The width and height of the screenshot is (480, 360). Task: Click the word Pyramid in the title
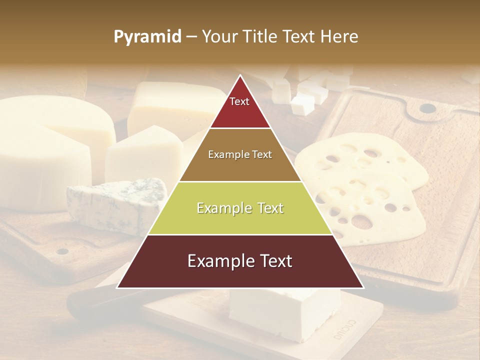click(x=147, y=37)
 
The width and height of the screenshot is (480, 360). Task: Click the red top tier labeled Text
click(x=239, y=107)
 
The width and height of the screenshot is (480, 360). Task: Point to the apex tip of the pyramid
click(x=240, y=76)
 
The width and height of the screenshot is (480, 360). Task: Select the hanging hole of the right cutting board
click(x=426, y=108)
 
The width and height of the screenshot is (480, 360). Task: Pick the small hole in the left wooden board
click(x=62, y=251)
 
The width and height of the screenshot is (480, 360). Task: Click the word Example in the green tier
click(x=218, y=208)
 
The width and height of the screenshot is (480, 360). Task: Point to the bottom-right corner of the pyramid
click(x=363, y=287)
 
